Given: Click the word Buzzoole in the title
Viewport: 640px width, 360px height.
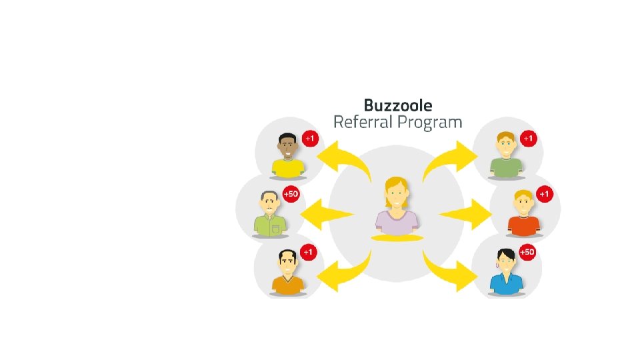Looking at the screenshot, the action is click(398, 105).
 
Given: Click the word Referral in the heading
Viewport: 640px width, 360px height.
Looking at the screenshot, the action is click(365, 123).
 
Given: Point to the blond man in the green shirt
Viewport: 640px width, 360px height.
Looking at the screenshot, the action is click(505, 156).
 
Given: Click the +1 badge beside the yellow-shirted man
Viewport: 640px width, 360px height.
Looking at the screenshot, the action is click(310, 139).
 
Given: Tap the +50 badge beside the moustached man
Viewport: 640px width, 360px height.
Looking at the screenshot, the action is click(291, 195).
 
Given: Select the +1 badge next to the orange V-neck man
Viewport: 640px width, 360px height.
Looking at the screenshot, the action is click(308, 253).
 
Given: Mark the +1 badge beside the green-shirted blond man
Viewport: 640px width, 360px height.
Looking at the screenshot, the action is click(528, 139).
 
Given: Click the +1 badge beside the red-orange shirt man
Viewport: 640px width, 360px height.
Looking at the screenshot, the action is click(545, 195).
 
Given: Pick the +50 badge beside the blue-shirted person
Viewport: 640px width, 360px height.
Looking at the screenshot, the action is click(527, 252).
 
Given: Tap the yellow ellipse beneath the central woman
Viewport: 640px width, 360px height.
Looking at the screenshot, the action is click(397, 237).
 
